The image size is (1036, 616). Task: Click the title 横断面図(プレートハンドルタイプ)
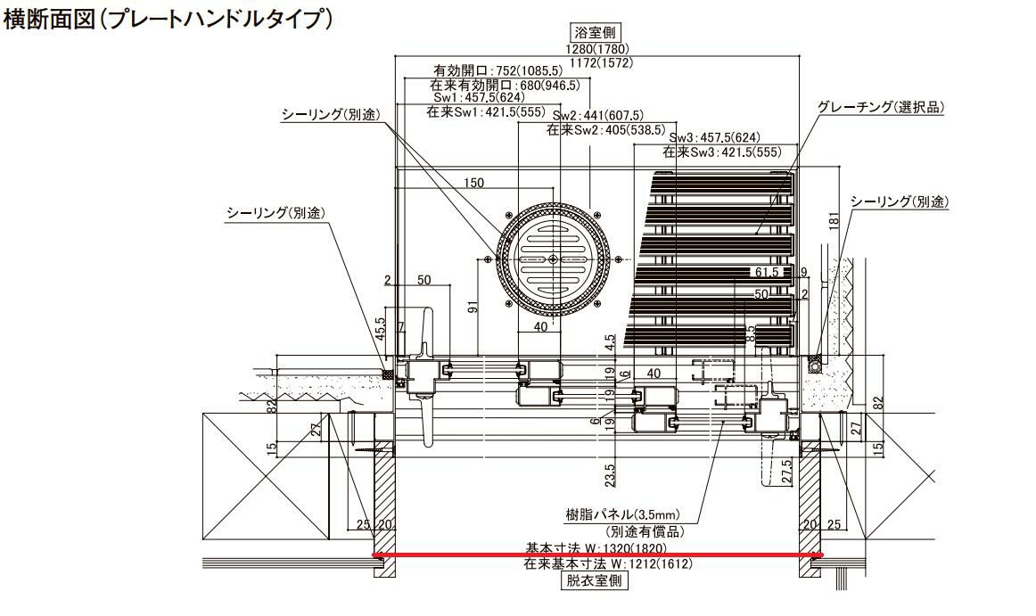[x=169, y=20]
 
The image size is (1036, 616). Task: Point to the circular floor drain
[x=554, y=259]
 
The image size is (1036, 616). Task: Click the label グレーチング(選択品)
[x=880, y=107]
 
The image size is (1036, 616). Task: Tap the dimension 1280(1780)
[x=596, y=50]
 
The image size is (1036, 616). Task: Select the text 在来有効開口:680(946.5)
[x=505, y=86]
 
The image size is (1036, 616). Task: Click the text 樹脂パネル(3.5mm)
[x=623, y=514]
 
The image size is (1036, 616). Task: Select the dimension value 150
[x=473, y=183]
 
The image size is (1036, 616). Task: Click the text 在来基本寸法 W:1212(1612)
[x=608, y=563]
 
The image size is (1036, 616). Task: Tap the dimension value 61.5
[x=768, y=271]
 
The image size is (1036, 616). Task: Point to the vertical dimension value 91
[x=472, y=308]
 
